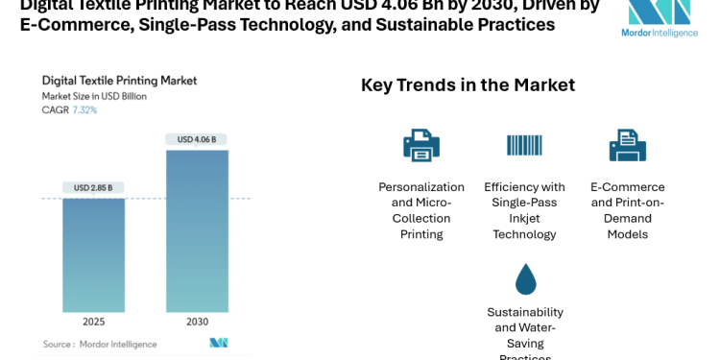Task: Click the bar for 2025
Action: pyautogui.click(x=94, y=254)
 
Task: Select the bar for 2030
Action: pyautogui.click(x=197, y=230)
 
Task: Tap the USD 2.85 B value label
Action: pyautogui.click(x=94, y=187)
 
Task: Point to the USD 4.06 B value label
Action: pyautogui.click(x=197, y=139)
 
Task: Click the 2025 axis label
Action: pyautogui.click(x=94, y=323)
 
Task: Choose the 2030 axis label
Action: pyautogui.click(x=197, y=323)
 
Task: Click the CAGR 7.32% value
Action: pyautogui.click(x=84, y=110)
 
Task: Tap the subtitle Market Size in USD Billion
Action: pyautogui.click(x=94, y=96)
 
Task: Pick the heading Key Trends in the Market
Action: pyautogui.click(x=468, y=84)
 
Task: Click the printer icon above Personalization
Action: pyautogui.click(x=421, y=145)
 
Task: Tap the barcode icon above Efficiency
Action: pyautogui.click(x=524, y=145)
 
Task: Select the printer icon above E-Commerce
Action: pyautogui.click(x=627, y=145)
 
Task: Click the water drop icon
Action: pyautogui.click(x=525, y=278)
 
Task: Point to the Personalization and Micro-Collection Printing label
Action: pyautogui.click(x=421, y=210)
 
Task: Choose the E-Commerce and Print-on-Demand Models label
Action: pyautogui.click(x=627, y=210)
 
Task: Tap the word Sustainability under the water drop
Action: pyautogui.click(x=525, y=312)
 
